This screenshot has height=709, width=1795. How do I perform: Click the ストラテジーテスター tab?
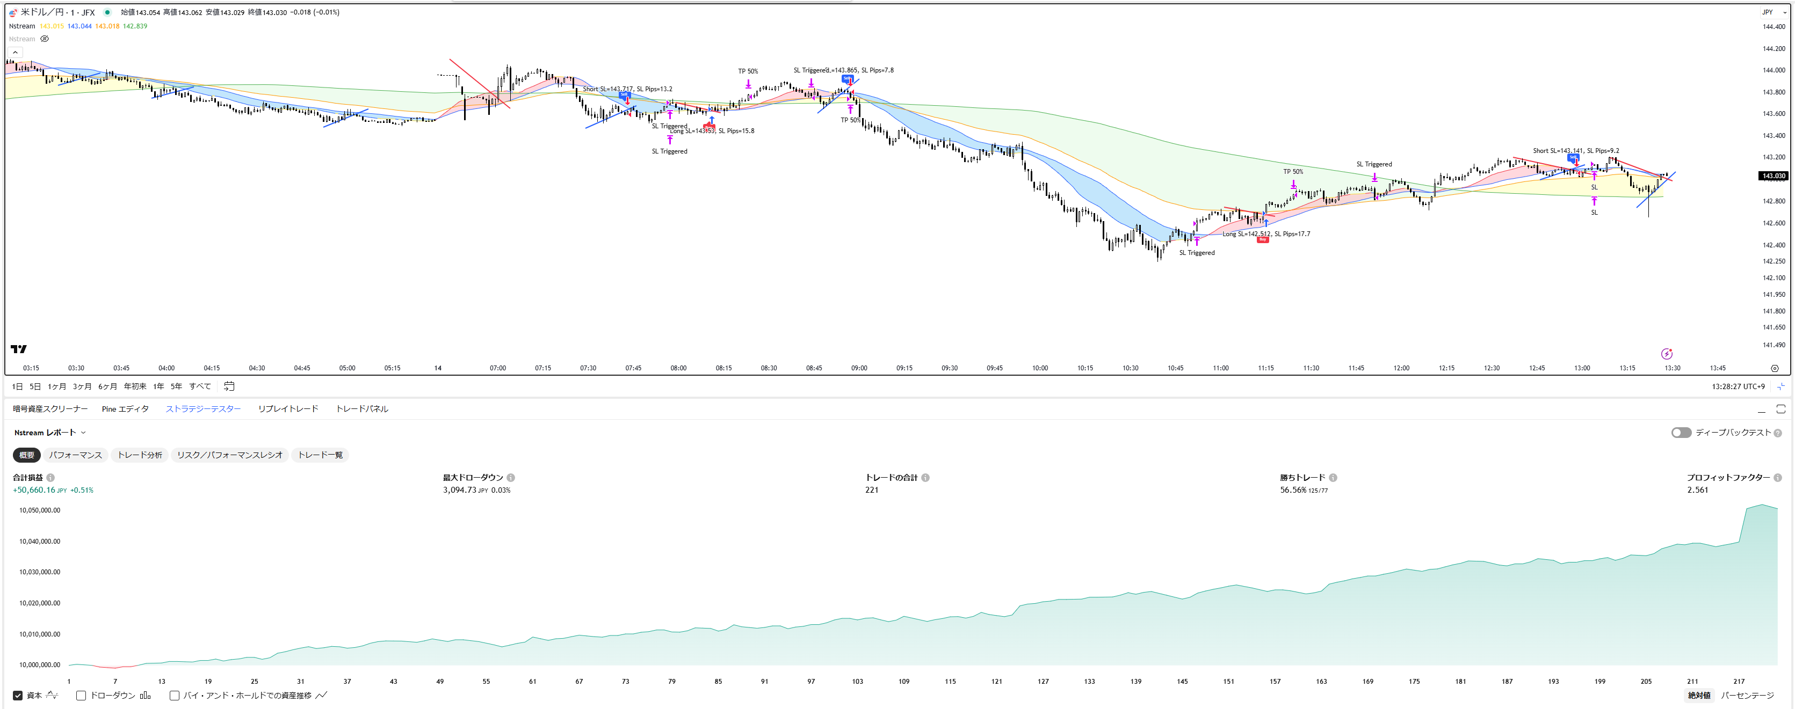coord(203,409)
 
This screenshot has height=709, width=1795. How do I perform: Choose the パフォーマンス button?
coord(75,455)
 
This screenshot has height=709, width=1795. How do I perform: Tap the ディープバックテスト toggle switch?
coord(1681,433)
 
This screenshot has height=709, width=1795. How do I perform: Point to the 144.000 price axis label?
coord(1774,70)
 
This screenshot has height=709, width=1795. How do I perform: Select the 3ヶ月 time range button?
coord(82,386)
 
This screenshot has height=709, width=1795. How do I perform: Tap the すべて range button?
coord(200,386)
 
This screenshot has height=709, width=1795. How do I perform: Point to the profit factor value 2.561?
coord(1697,489)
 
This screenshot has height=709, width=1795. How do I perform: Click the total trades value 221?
coord(872,489)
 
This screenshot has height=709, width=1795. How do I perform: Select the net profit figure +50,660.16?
coord(34,489)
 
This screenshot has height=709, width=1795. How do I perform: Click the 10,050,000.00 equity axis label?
coord(40,510)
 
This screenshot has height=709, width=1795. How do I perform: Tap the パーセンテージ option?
coord(1747,695)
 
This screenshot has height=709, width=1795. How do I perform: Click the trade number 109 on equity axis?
coord(904,681)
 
